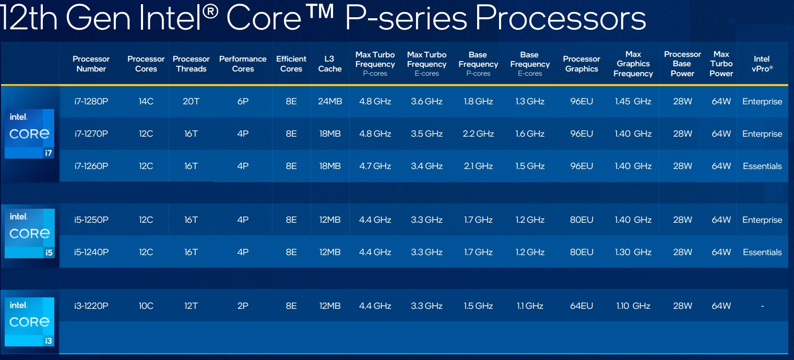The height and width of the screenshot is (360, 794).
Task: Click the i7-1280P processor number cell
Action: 91,101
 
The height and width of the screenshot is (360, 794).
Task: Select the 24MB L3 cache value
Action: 330,101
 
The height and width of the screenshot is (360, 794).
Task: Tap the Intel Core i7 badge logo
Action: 29,134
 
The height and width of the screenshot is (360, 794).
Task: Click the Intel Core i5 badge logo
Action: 30,233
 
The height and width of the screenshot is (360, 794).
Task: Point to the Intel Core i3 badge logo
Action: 29,322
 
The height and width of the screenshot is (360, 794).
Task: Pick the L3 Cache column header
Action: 329,64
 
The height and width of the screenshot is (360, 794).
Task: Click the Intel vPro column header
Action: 762,64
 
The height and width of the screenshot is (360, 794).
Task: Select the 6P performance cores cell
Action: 243,101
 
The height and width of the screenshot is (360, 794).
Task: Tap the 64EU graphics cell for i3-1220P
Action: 582,306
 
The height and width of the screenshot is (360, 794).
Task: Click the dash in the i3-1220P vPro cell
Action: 762,306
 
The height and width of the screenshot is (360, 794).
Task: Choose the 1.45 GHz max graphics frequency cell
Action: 633,101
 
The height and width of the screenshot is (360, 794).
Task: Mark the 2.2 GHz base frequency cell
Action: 478,134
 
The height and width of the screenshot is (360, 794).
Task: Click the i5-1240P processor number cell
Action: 91,252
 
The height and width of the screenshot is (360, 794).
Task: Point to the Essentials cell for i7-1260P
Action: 762,166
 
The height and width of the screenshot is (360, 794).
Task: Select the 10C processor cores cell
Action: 146,306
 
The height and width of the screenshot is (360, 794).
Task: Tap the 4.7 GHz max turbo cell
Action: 375,166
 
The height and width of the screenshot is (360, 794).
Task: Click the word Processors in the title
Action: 561,18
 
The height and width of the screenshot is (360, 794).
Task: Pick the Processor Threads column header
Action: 191,64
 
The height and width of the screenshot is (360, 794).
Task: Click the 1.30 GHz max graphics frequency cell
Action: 633,252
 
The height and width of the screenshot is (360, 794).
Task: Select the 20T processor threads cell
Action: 191,101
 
